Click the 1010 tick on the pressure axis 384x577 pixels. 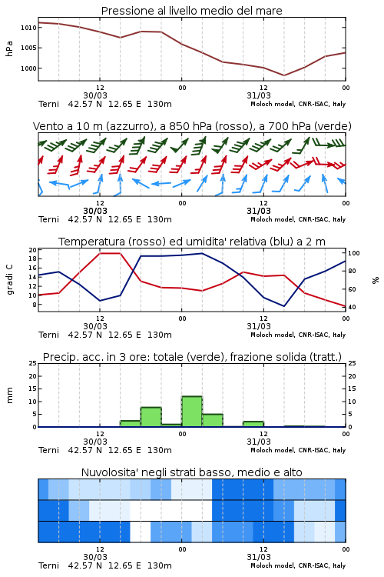[x=28, y=28]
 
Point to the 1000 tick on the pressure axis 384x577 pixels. [x=28, y=68]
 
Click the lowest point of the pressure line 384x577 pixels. [x=283, y=75]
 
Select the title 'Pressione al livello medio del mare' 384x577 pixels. [x=192, y=11]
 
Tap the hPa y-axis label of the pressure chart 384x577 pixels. [x=9, y=48]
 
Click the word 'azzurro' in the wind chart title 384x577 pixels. [x=128, y=127]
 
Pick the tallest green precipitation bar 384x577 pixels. [x=192, y=412]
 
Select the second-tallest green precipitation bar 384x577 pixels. [x=151, y=417]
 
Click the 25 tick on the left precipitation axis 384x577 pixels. [x=33, y=363]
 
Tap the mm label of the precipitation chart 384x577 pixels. [x=9, y=395]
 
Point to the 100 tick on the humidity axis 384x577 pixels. [x=354, y=253]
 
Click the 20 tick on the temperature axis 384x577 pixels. [x=33, y=250]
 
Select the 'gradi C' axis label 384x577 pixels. [x=10, y=279]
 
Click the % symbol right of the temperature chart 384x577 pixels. [x=376, y=280]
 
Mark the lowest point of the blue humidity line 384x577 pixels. [x=283, y=306]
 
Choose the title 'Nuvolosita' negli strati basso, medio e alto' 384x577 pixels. [x=191, y=472]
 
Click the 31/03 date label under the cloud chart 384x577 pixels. [x=259, y=557]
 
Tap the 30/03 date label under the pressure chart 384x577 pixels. [x=95, y=95]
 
